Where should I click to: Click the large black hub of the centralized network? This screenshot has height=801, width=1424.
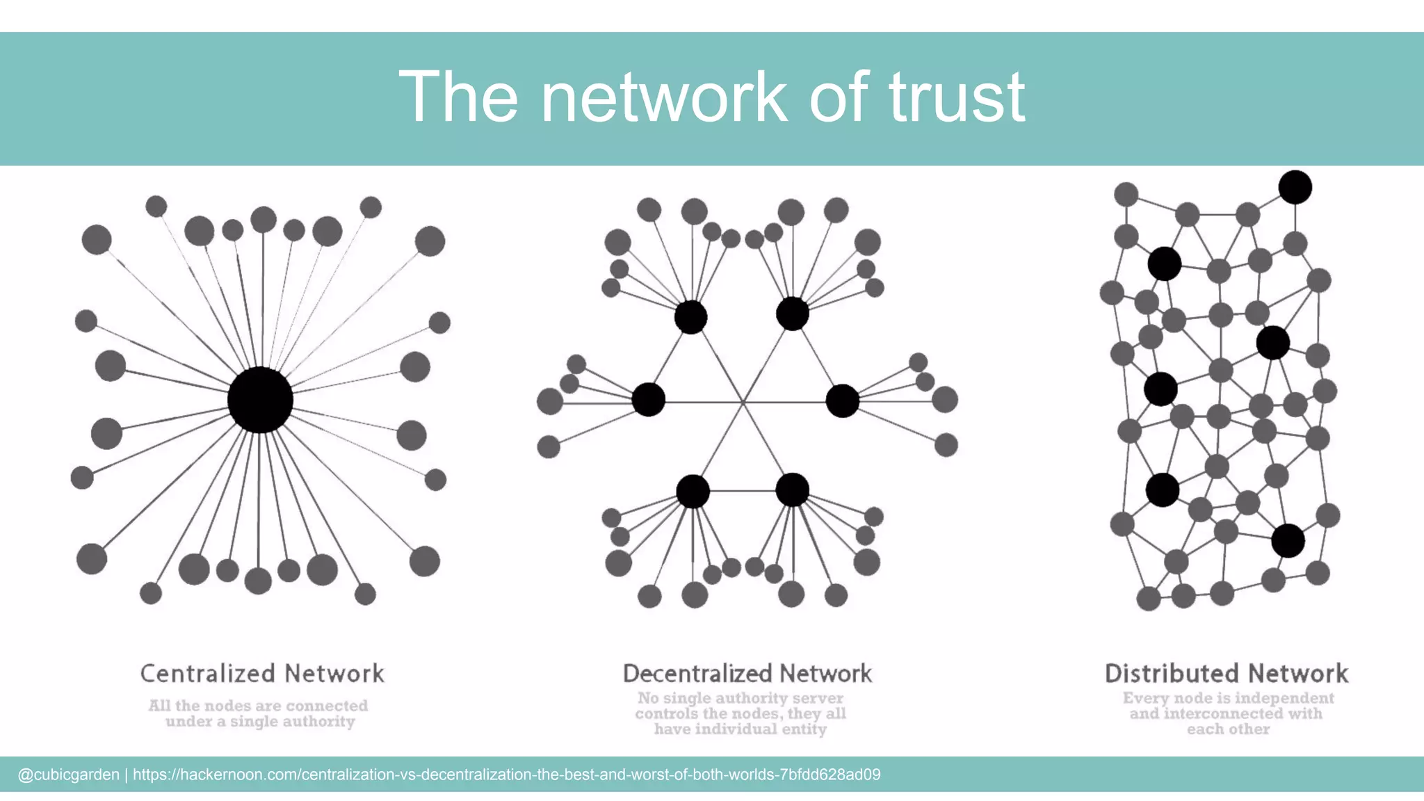[x=260, y=400]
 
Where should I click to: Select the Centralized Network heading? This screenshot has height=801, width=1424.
[x=262, y=673]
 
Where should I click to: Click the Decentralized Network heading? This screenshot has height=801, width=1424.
[x=747, y=673]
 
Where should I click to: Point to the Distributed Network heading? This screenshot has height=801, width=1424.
[x=1227, y=673]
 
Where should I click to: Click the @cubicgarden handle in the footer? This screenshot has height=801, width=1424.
[x=68, y=775]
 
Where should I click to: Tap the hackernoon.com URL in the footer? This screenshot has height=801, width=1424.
[x=506, y=775]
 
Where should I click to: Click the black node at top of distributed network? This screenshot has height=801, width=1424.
[x=1295, y=187]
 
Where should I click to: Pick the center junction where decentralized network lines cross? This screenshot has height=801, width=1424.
[x=743, y=402]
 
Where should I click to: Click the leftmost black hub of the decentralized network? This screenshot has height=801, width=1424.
[x=648, y=400]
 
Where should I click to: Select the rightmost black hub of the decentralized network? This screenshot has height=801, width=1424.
[x=842, y=400]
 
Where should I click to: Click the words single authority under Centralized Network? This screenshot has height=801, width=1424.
[x=292, y=722]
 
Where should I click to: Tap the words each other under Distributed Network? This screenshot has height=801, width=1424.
[x=1228, y=729]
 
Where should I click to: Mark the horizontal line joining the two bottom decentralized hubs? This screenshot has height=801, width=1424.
[x=742, y=491]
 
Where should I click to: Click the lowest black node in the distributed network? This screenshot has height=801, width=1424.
[x=1288, y=541]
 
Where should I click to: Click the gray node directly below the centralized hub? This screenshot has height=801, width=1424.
[x=258, y=581]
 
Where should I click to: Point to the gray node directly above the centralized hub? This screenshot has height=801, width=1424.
[x=264, y=220]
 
